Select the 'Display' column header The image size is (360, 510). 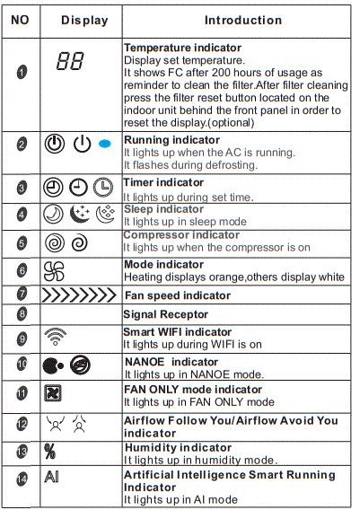[84, 20]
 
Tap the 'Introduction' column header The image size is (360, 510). [242, 20]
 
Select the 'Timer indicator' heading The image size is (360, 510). [163, 182]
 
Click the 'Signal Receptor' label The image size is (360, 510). [166, 314]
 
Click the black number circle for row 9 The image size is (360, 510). [22, 339]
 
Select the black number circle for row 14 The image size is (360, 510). [22, 479]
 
